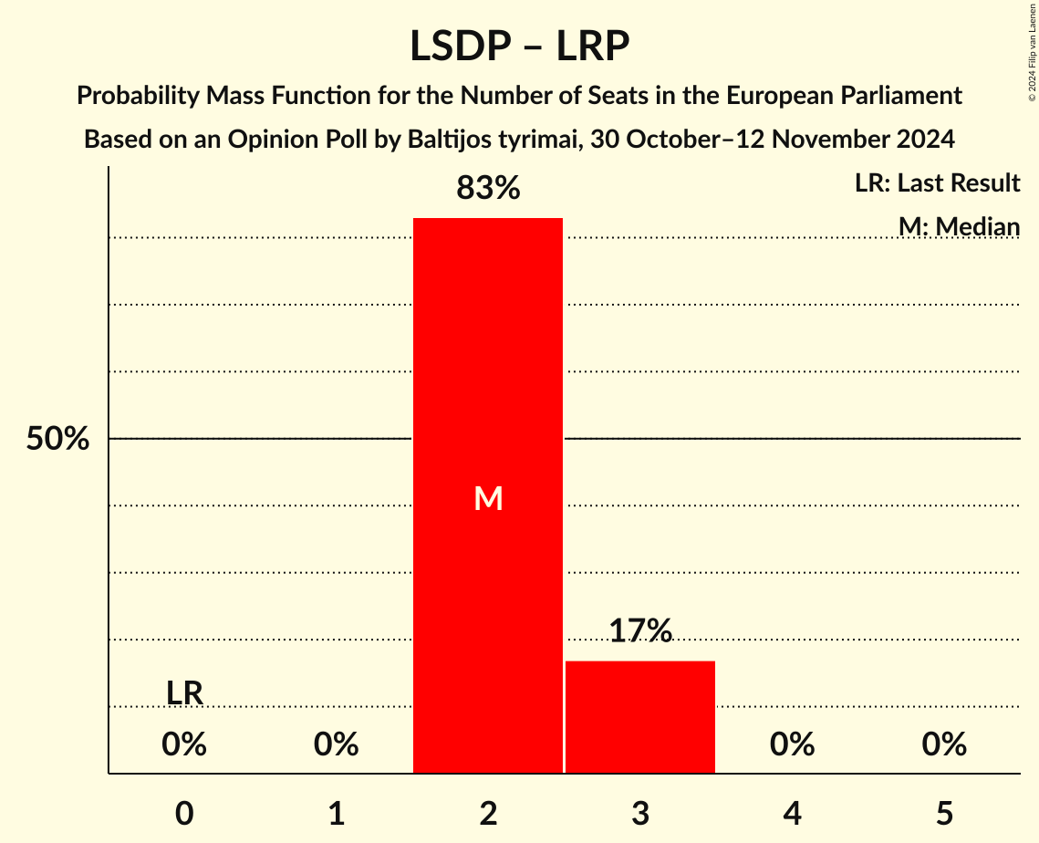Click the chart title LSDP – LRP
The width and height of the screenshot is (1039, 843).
(519, 46)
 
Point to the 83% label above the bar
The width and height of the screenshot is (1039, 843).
(488, 189)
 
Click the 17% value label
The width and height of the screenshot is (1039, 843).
(640, 630)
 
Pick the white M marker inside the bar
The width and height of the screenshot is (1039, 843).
(489, 498)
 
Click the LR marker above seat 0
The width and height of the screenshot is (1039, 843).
(184, 693)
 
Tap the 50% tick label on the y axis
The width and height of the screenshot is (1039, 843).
(57, 439)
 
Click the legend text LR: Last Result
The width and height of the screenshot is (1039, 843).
(937, 183)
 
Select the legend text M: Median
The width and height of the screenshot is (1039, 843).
(959, 226)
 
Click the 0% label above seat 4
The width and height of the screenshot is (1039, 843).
(792, 745)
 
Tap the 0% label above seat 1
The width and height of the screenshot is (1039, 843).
(337, 745)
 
